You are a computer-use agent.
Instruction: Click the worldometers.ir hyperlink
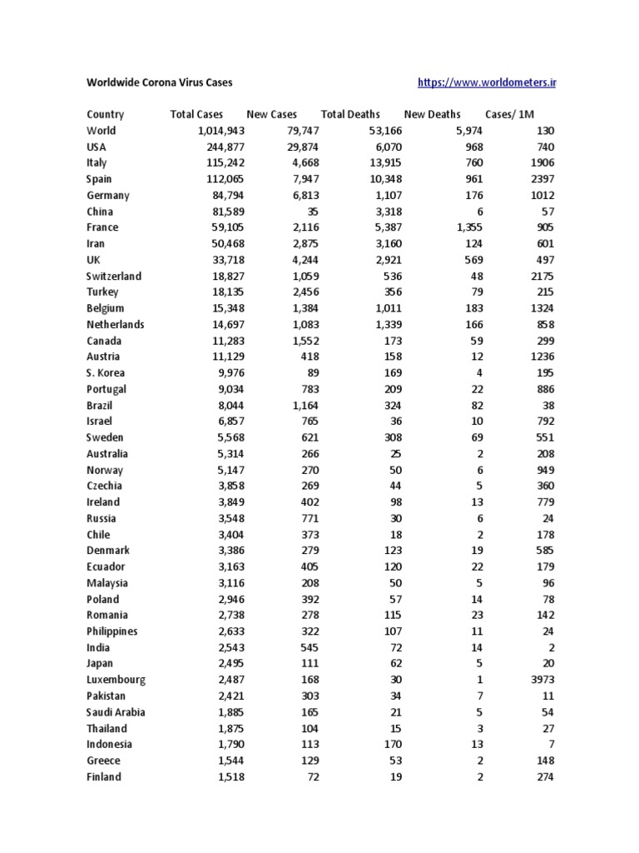[x=486, y=82]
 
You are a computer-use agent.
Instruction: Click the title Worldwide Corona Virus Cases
[x=160, y=82]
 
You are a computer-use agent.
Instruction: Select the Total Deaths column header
[x=350, y=114]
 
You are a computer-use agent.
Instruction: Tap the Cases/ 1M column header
[x=509, y=114]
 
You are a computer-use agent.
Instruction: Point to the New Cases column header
[x=271, y=114]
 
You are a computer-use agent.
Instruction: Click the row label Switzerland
[x=114, y=276]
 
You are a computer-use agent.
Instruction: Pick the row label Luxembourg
[x=116, y=680]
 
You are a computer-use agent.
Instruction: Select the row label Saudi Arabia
[x=116, y=712]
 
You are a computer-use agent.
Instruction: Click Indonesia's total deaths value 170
[x=393, y=745]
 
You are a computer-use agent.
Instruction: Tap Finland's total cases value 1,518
[x=228, y=777]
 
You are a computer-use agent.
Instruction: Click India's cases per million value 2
[x=550, y=647]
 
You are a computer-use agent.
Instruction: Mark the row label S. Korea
[x=106, y=372]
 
